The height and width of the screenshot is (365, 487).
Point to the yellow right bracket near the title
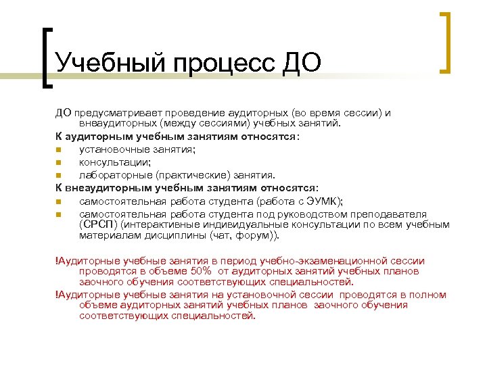click(x=446, y=41)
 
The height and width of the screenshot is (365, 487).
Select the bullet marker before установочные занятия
click(x=59, y=150)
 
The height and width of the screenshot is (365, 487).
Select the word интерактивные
click(x=156, y=224)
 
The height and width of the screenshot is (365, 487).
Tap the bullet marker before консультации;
click(x=59, y=162)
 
